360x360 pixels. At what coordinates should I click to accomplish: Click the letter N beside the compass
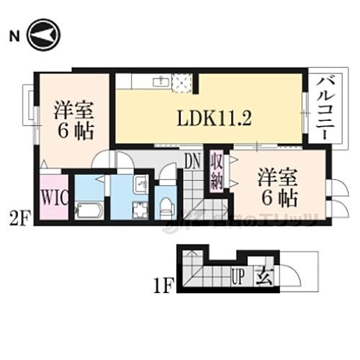pyautogui.click(x=13, y=35)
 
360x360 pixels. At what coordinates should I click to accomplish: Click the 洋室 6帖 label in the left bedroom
pyautogui.click(x=71, y=122)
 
